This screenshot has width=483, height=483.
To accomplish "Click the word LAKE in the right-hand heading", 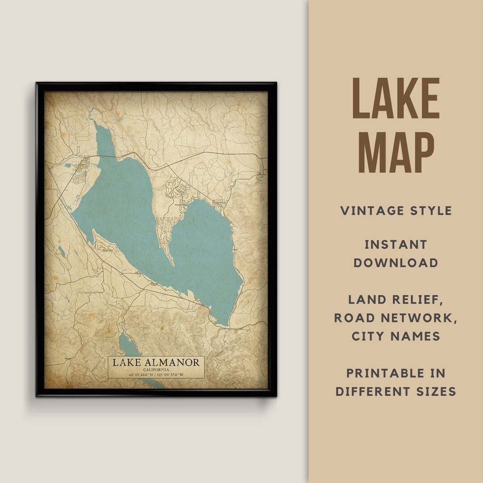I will (396, 98).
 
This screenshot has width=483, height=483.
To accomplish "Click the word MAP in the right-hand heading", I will (396, 151).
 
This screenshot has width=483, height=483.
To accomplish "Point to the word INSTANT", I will (396, 245).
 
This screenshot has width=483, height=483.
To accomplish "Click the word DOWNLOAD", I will (396, 263).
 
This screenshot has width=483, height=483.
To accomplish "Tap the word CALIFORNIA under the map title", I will (156, 370).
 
